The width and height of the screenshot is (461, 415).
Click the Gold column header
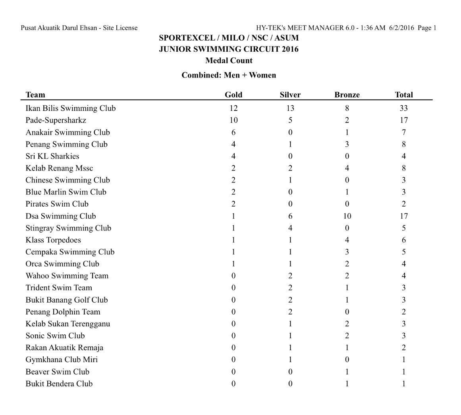(x=233, y=95)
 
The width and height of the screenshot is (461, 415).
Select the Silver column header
(x=290, y=95)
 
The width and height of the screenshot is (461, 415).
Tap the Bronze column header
(x=347, y=95)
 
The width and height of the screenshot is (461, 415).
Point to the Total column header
(x=403, y=95)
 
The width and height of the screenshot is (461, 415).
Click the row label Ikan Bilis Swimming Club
(x=70, y=108)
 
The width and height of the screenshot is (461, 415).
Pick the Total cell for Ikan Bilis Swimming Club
(x=403, y=108)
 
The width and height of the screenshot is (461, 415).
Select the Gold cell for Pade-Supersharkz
(x=233, y=120)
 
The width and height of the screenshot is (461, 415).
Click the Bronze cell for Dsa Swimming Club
(x=347, y=216)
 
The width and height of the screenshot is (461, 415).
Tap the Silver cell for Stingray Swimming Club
(x=290, y=228)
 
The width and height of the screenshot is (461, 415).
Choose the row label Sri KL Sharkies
(x=52, y=156)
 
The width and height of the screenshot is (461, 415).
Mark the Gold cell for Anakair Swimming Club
(x=233, y=132)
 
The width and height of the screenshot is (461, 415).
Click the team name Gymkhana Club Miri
(x=62, y=360)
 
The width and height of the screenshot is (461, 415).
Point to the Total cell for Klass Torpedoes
(x=403, y=240)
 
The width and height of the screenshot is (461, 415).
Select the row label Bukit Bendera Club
(x=59, y=384)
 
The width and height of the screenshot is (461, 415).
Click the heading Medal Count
(x=229, y=60)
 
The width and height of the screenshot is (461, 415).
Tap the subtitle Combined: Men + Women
(x=229, y=75)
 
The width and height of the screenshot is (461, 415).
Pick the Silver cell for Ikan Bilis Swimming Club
(x=290, y=108)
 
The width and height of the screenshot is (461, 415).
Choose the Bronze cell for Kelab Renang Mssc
(x=347, y=168)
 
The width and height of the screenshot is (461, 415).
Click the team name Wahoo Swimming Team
(x=67, y=276)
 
